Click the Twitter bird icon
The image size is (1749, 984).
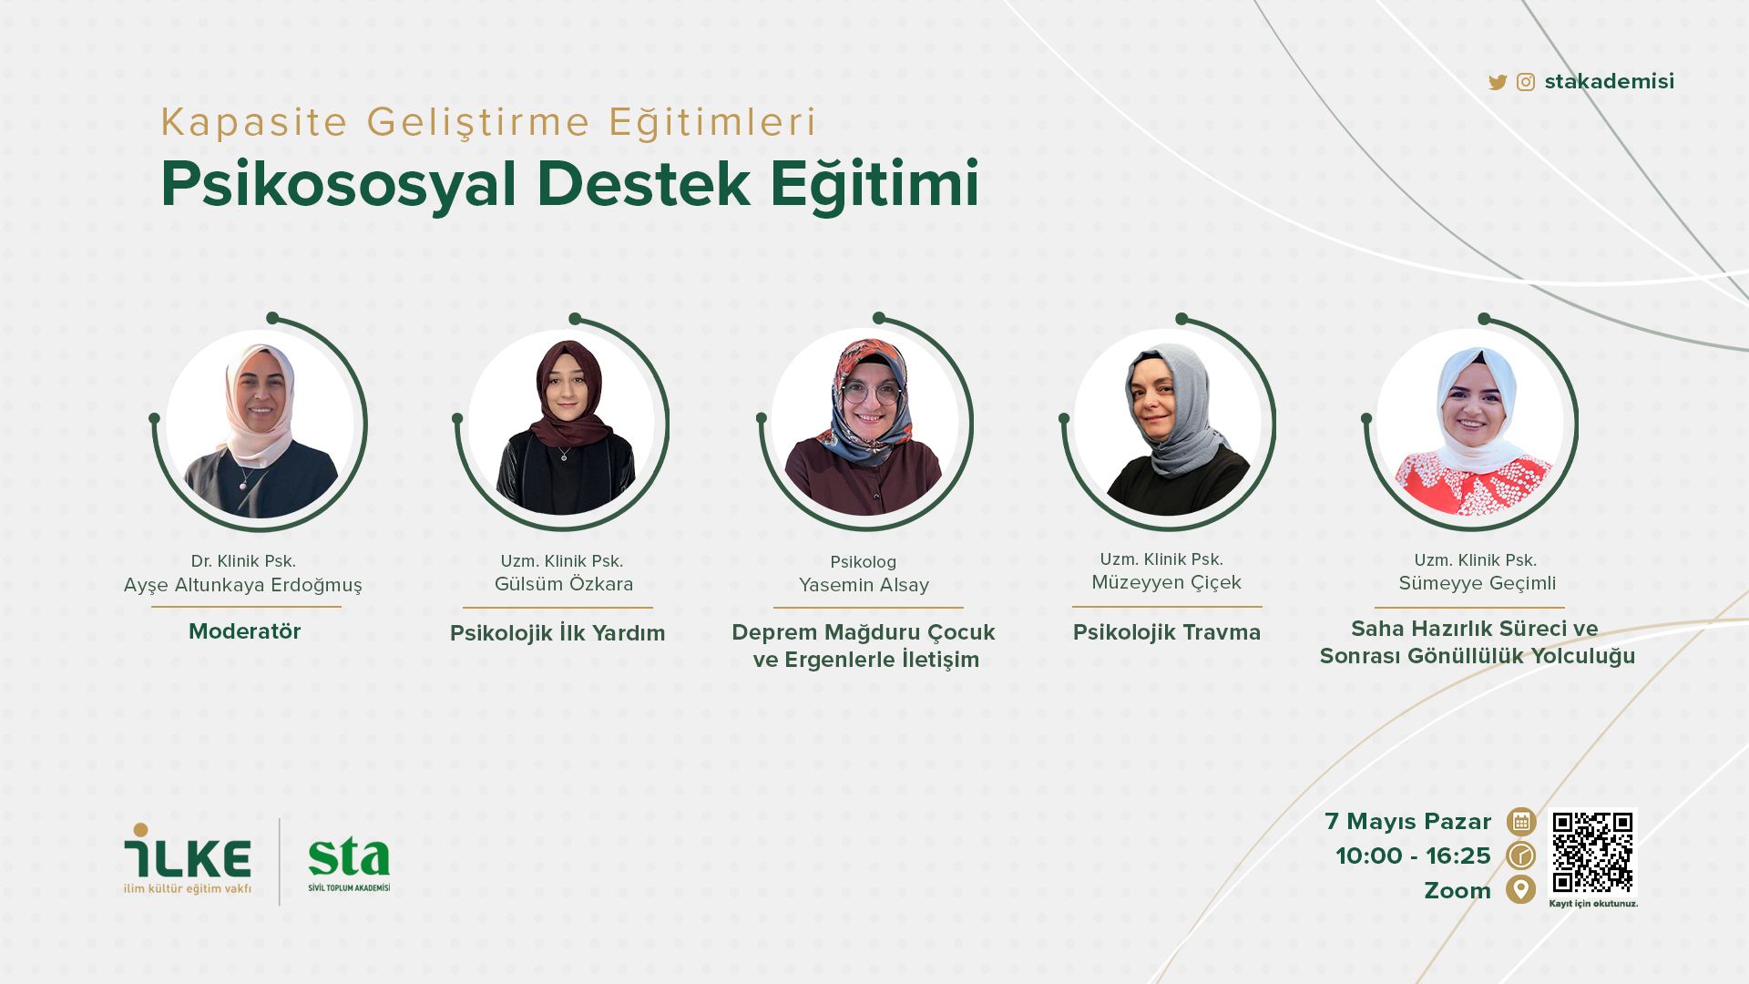[1497, 83]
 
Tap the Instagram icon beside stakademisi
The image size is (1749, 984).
[1526, 83]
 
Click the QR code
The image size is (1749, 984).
[1593, 853]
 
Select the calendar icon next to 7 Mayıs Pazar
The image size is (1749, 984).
[1520, 822]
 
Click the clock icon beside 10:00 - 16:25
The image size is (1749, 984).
[1520, 856]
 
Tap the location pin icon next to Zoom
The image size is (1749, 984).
[1520, 889]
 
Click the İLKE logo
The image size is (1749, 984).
[188, 859]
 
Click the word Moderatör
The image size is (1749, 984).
[244, 631]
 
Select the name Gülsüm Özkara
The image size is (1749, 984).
[564, 584]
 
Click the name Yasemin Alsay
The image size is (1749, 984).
[864, 586]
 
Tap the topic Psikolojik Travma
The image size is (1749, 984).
[1167, 633]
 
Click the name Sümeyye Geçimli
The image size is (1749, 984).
[1478, 584]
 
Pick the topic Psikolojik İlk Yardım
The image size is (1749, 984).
[557, 633]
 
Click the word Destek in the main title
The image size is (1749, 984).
[644, 185]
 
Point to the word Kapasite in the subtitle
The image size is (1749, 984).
[254, 122]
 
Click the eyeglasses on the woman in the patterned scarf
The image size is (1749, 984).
[870, 394]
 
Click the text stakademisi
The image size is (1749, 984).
[1610, 82]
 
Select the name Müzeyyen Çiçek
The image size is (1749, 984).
[1167, 583]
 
